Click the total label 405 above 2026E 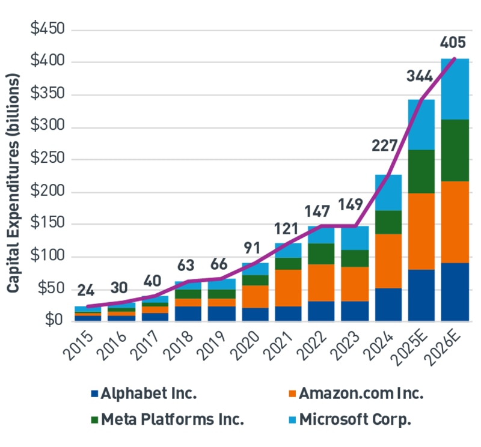453,43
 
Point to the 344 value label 420,76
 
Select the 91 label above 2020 253,246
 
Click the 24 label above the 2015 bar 87,290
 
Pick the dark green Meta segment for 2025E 421,171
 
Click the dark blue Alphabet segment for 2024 388,305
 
